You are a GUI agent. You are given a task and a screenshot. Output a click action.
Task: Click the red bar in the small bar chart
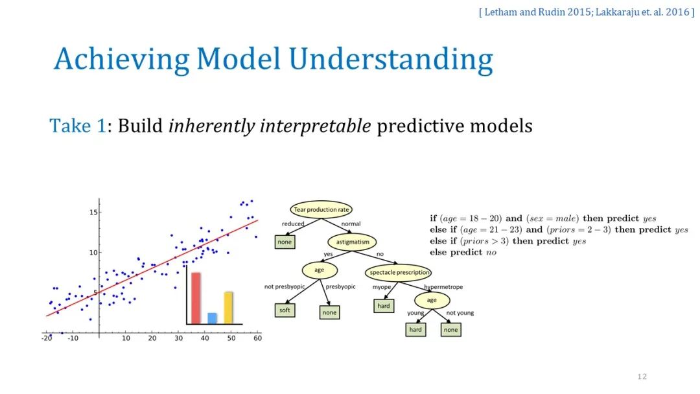point(196,297)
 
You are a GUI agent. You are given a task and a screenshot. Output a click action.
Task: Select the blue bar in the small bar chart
point(213,318)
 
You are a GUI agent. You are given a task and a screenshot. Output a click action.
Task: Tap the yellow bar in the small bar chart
point(228,307)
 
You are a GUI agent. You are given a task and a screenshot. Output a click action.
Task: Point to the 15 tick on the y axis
point(93,212)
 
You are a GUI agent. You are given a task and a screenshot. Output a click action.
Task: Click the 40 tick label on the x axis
point(205,338)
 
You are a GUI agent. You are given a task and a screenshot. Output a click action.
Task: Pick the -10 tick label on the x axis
point(73,338)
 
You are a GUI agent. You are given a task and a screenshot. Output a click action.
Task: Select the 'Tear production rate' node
point(321,209)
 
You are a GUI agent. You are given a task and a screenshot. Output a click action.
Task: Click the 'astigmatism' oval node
point(352,242)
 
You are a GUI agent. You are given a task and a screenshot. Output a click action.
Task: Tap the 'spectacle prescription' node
point(399,272)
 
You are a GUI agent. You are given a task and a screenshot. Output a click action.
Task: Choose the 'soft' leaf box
point(285,310)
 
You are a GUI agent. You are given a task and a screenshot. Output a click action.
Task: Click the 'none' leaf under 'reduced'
point(285,242)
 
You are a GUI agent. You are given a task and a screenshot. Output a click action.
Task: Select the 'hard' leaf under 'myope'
point(384,306)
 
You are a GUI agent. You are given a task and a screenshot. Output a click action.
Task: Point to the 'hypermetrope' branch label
point(443,287)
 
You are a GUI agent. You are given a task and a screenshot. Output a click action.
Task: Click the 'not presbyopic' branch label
point(285,286)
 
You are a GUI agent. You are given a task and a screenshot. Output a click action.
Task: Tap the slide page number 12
point(642,377)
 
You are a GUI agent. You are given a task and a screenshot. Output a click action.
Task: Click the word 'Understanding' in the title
point(391,59)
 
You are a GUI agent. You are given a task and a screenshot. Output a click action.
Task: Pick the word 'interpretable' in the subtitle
point(315,126)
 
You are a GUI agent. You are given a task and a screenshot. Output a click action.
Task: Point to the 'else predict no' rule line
point(463,252)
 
